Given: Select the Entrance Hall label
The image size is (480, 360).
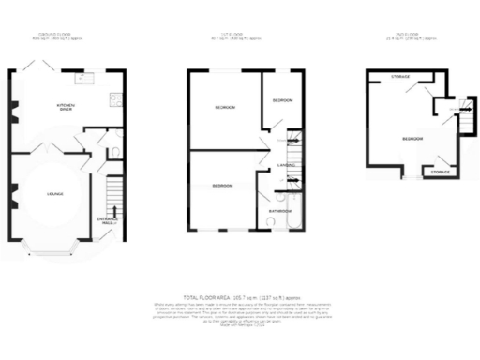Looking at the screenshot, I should (110, 220).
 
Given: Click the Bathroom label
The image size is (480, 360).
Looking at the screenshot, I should (279, 211).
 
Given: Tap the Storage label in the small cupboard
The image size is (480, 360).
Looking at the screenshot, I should (439, 172).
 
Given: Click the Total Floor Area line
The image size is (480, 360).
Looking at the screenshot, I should (240, 295).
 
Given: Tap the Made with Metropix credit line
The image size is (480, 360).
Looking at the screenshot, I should (240, 323).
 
